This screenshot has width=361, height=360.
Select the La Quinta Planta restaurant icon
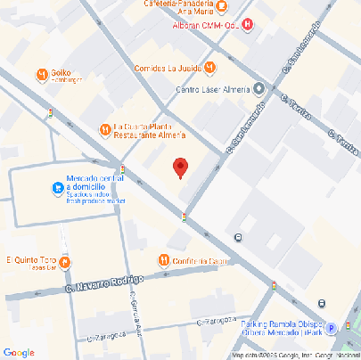click(104, 129)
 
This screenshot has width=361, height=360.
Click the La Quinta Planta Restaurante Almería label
click(149, 130)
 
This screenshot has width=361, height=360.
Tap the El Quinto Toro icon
click(65, 261)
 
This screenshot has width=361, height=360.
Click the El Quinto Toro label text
click(30, 260)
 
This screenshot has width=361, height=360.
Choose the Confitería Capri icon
click(163, 260)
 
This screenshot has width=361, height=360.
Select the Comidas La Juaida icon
click(209, 67)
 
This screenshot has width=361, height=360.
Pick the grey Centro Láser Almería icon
click(258, 88)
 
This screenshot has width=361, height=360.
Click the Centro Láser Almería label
click(213, 89)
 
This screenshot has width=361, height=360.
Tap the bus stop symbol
click(238, 237)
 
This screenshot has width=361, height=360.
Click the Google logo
click(19, 352)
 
